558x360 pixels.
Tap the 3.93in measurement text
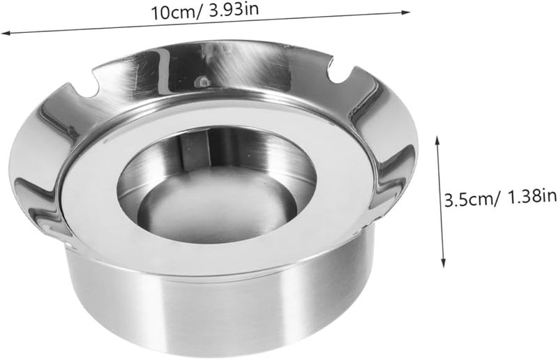(234, 10)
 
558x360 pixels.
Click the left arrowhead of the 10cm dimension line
(5, 33)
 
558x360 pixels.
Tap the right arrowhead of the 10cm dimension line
(406, 13)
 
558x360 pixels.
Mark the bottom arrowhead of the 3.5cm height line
(443, 263)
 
